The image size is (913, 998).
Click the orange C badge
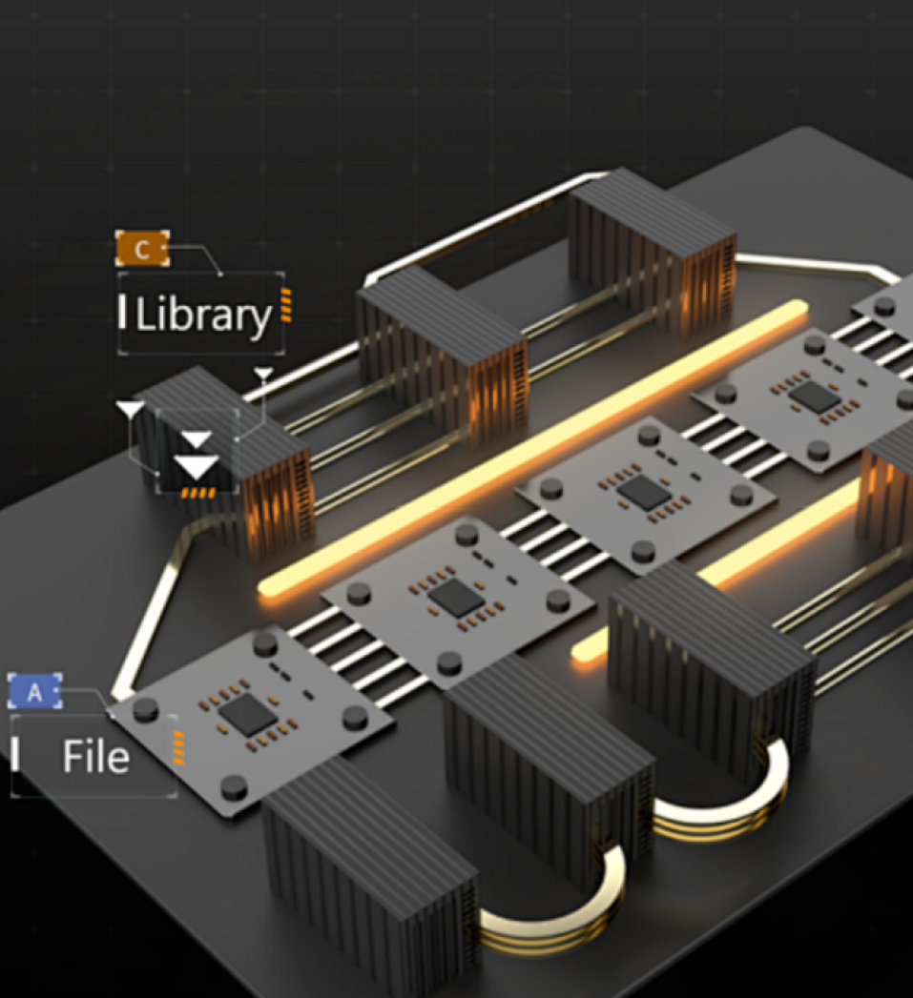coord(142,249)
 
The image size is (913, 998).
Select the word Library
coord(204,316)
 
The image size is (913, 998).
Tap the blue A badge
coord(34,692)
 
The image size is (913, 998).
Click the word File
coord(95,757)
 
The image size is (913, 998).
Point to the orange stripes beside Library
coord(285,306)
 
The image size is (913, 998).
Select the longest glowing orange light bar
coord(534,448)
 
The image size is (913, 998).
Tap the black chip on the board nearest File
coord(247,713)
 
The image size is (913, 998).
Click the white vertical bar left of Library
coord(122,313)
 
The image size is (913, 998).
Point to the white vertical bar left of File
coord(16,754)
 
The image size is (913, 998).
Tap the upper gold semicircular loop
coord(730,796)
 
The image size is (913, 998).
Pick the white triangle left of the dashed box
coord(131,411)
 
